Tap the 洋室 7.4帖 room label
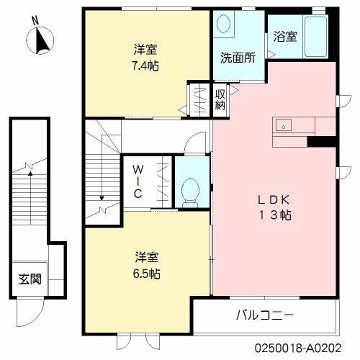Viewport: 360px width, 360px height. tap(145, 58)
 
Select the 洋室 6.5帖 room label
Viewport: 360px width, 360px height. tap(146, 265)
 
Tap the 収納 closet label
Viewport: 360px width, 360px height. tap(220, 96)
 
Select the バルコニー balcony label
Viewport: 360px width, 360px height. tap(265, 315)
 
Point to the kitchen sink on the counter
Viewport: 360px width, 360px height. tap(283, 125)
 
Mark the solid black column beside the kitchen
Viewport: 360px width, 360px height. tap(323, 140)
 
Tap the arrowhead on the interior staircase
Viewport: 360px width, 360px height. tap(102, 196)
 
